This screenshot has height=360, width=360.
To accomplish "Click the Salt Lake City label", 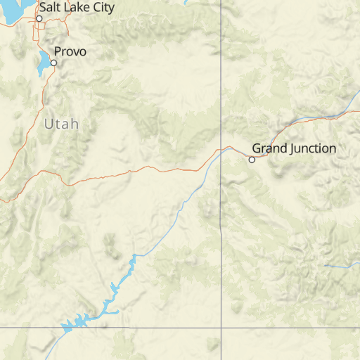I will [76, 7].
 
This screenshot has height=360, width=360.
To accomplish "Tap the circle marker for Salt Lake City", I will [39, 18].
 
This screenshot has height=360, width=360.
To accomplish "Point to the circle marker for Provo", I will [53, 63].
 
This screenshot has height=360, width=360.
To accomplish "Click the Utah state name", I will [61, 124].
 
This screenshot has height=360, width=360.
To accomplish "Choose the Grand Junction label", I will [294, 148].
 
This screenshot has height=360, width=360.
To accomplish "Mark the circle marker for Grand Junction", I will [252, 160].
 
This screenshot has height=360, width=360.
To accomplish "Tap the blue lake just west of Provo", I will [43, 64].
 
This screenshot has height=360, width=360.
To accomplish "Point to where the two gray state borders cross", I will [221, 328].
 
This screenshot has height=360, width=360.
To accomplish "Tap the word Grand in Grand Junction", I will [267, 148].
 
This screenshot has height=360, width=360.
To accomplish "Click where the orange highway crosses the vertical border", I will [221, 149].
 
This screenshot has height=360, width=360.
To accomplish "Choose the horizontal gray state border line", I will [141, 328].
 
